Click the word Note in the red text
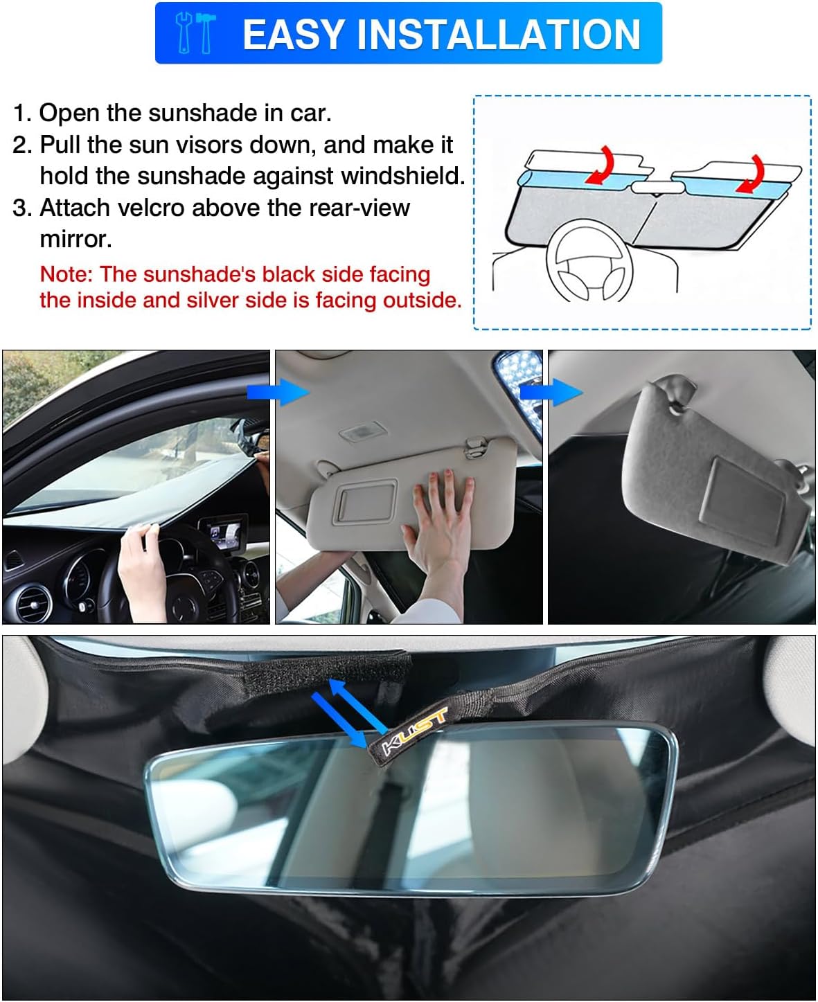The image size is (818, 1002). (x=66, y=274)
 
